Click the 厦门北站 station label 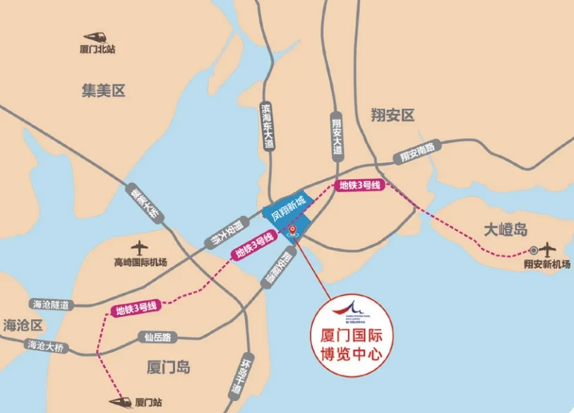(x=98, y=50)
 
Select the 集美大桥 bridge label (x=146, y=203)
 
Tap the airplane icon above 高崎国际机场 (x=140, y=248)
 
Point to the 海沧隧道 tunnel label (x=51, y=305)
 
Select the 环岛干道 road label (x=241, y=376)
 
